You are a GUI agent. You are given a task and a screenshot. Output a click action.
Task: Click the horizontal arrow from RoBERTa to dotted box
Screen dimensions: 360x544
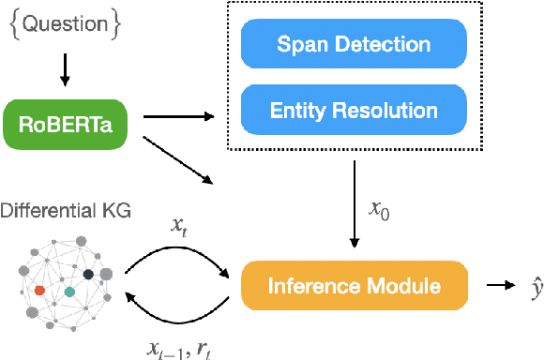click(x=174, y=118)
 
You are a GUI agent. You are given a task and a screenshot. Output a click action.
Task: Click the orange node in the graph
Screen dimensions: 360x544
click(x=39, y=291)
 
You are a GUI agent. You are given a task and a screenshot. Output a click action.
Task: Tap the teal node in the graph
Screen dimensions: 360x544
click(x=69, y=292)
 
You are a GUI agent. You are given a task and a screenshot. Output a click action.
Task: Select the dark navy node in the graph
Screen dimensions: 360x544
click(x=88, y=274)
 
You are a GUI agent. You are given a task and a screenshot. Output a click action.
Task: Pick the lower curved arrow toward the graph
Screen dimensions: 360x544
click(x=178, y=318)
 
